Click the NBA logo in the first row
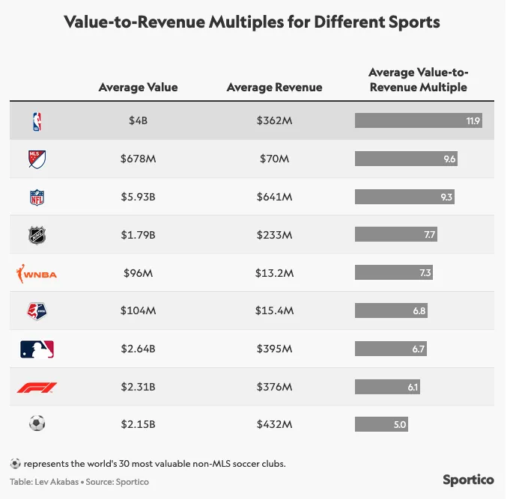pyautogui.click(x=37, y=120)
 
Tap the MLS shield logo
pyautogui.click(x=37, y=159)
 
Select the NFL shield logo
pyautogui.click(x=37, y=197)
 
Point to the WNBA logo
pyautogui.click(x=37, y=274)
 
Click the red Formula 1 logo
pyautogui.click(x=37, y=387)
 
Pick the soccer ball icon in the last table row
pyautogui.click(x=37, y=424)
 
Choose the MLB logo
pyautogui.click(x=37, y=349)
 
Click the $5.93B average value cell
pyautogui.click(x=138, y=197)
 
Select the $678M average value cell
pyautogui.click(x=138, y=159)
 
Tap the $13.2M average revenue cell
pyautogui.click(x=274, y=273)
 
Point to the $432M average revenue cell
pyautogui.click(x=274, y=424)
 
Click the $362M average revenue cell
pyautogui.click(x=274, y=120)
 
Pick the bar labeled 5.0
pyautogui.click(x=381, y=424)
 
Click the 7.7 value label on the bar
pyautogui.click(x=429, y=235)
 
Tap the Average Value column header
pyautogui.click(x=138, y=88)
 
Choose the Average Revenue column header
pyautogui.click(x=274, y=88)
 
